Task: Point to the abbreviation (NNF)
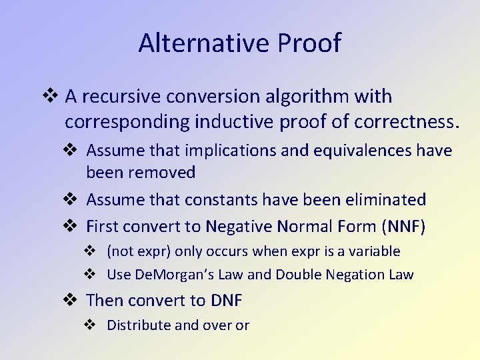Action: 403,227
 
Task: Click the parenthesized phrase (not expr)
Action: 137,251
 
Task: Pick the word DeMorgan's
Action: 168,275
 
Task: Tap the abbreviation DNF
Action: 227,301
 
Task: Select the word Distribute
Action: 138,325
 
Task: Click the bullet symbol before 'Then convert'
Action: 74,301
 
